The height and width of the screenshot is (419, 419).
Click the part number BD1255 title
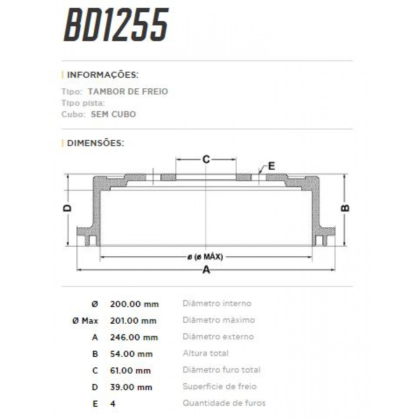click(x=116, y=25)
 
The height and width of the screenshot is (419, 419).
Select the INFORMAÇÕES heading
click(x=103, y=75)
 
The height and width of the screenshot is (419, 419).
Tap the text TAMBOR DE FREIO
click(x=128, y=91)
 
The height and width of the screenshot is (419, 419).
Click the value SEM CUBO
click(x=113, y=114)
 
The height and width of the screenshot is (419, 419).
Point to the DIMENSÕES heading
click(x=95, y=143)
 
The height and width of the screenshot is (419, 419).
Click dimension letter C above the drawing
click(x=206, y=160)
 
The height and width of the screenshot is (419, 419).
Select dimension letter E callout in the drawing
click(x=271, y=166)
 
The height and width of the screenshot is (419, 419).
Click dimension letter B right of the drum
click(x=345, y=208)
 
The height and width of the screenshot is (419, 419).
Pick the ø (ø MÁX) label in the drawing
click(x=206, y=257)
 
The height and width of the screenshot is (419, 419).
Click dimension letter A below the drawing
click(x=206, y=270)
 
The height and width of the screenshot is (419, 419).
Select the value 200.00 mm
click(x=134, y=304)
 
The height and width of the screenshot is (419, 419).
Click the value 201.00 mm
click(x=133, y=321)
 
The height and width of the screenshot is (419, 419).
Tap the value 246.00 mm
click(x=134, y=337)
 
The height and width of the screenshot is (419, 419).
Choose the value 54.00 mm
click(x=131, y=354)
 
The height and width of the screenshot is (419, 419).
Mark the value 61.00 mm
click(x=131, y=370)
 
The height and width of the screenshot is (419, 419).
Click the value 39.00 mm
click(x=131, y=387)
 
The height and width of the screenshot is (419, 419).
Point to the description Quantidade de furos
click(x=224, y=403)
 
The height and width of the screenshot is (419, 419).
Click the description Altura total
click(x=205, y=353)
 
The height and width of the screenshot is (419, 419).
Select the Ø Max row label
click(x=85, y=321)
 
